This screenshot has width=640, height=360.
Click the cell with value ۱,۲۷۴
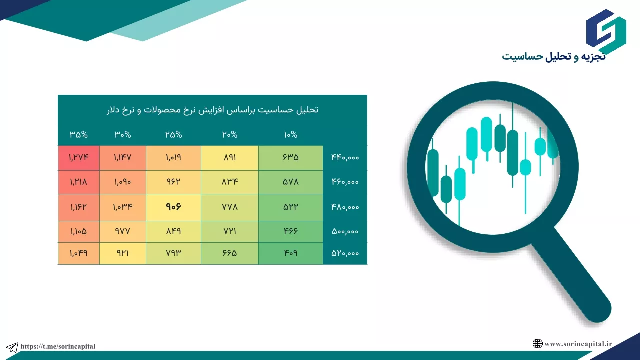[x=79, y=158]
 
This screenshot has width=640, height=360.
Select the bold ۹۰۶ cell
[x=173, y=207]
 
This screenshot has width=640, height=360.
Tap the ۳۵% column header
[x=79, y=135]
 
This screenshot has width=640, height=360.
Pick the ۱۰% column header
[x=291, y=135]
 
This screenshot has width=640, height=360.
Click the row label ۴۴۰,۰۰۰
[x=345, y=157]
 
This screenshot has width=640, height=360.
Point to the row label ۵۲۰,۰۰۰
[x=345, y=253]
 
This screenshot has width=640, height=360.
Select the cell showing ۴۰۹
[x=291, y=253]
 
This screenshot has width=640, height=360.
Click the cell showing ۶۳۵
[x=291, y=158]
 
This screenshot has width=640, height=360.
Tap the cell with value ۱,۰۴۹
[x=79, y=253]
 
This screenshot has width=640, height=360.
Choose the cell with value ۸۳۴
[x=230, y=182]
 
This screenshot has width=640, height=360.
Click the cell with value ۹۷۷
[x=123, y=231]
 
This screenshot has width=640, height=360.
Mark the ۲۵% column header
[x=173, y=135]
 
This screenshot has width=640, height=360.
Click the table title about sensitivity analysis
[x=212, y=110]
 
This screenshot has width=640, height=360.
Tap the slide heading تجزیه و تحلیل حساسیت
[x=553, y=57]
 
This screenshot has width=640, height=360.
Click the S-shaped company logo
[x=606, y=31]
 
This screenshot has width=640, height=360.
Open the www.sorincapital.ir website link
[x=578, y=344]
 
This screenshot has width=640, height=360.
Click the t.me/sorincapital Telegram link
[x=58, y=346]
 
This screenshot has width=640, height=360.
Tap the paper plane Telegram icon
[x=12, y=347]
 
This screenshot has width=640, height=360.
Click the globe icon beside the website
[x=537, y=343]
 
